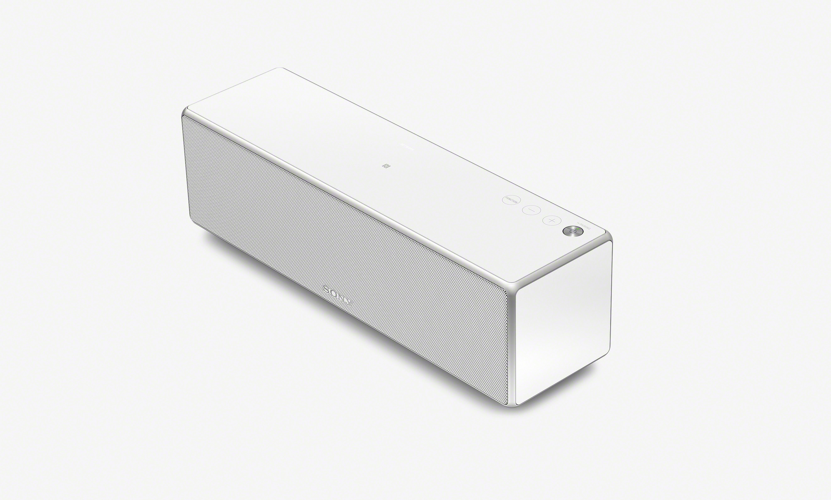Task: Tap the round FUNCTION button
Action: (x=510, y=200)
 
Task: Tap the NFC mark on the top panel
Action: (x=387, y=166)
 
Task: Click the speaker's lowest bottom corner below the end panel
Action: (x=515, y=406)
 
